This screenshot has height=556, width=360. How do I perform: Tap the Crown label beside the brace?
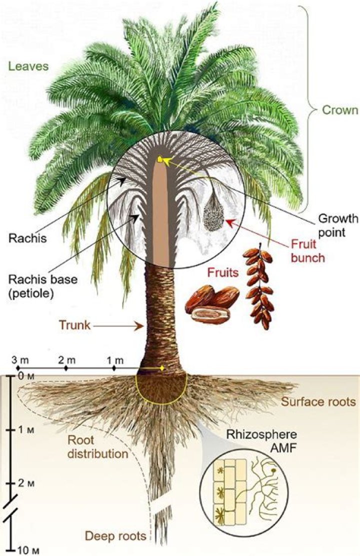341,110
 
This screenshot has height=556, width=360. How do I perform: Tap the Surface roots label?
318,402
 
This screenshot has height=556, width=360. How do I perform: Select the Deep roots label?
115,536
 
